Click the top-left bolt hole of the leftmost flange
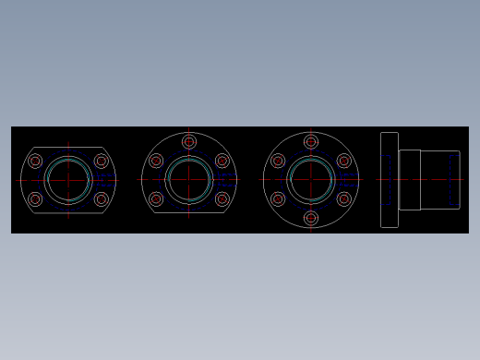[35, 162]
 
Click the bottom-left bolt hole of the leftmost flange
[35, 199]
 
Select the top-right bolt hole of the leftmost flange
[102, 162]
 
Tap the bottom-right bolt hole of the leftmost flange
[102, 199]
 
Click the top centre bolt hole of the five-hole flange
[189, 142]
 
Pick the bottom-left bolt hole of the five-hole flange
[156, 199]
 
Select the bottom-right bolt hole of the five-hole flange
[222, 199]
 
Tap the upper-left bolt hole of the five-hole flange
[156, 162]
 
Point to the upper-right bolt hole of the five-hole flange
[222, 162]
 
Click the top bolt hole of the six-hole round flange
[311, 142]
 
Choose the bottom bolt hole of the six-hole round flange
[311, 219]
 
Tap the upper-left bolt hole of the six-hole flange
[278, 162]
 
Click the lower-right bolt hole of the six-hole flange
[344, 199]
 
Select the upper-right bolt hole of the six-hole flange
[344, 162]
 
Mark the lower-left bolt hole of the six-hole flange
[278, 199]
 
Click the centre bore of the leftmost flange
[68, 180]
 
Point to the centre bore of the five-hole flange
[189, 180]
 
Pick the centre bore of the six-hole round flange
[311, 180]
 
